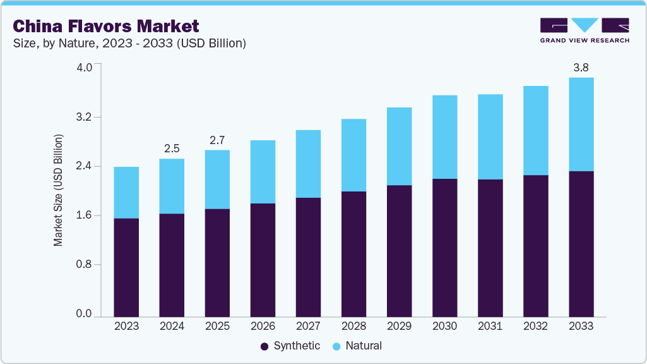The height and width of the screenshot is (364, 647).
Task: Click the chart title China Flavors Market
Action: click(x=106, y=26)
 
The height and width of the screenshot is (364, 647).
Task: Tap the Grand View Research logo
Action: click(x=584, y=30)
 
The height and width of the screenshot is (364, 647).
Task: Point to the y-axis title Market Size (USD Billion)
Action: click(x=59, y=190)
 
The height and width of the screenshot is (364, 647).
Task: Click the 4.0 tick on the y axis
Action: click(x=85, y=68)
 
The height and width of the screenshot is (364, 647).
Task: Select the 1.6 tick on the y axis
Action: click(x=85, y=215)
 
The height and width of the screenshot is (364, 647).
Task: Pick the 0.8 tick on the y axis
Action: click(x=85, y=265)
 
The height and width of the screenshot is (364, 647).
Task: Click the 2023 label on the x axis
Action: click(x=126, y=326)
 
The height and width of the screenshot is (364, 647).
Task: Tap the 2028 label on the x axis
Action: click(x=353, y=326)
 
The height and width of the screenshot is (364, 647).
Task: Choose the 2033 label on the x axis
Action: click(x=581, y=326)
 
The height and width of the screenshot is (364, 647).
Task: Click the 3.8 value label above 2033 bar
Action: click(x=581, y=67)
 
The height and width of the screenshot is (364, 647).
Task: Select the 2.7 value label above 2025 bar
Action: click(x=217, y=140)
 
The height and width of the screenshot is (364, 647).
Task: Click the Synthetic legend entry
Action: click(x=290, y=346)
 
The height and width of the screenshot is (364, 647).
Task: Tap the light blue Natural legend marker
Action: click(x=336, y=346)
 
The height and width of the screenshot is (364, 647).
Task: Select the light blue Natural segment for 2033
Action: click(x=581, y=124)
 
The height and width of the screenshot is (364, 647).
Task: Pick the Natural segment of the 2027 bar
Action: click(x=308, y=164)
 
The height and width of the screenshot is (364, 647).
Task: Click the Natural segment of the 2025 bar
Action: click(x=217, y=179)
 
